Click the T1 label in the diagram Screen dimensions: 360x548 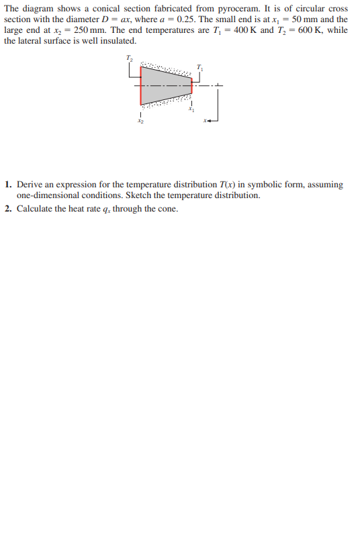199,66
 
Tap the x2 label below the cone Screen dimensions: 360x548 140,122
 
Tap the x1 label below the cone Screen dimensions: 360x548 191,109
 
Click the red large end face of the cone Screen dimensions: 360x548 140,86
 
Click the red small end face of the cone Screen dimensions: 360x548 192,85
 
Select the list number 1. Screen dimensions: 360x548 7,184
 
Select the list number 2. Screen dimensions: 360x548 7,209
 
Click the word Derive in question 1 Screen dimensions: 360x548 30,184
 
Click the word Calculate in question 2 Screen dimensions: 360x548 36,209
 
